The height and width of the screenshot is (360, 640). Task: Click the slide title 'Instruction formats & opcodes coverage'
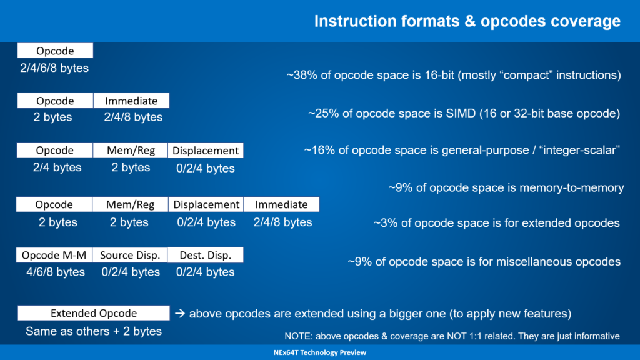[467, 21]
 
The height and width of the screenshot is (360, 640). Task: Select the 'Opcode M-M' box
[54, 255]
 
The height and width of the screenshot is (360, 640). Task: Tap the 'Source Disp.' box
[130, 255]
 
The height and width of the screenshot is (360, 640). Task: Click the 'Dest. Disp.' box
[205, 255]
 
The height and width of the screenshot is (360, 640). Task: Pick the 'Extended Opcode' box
[94, 313]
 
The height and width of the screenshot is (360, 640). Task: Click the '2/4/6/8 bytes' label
[54, 67]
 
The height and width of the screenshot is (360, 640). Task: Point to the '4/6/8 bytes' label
[56, 272]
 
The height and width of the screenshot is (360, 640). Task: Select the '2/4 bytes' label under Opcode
[57, 167]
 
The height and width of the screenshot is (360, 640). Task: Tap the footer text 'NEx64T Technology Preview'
[320, 352]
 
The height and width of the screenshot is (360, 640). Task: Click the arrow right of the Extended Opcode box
[180, 314]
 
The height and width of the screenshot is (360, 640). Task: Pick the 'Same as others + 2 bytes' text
[94, 331]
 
